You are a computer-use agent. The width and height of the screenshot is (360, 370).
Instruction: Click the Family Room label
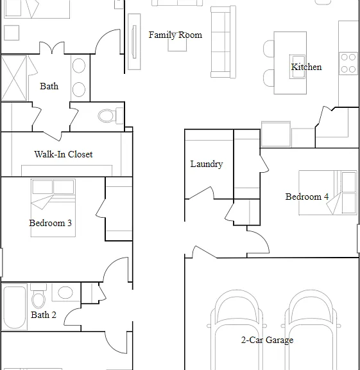[x=175, y=35]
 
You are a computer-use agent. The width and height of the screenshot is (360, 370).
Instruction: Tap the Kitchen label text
[x=306, y=67]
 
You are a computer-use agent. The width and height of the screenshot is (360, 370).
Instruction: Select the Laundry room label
[x=207, y=164]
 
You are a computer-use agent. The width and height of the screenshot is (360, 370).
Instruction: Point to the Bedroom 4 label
[x=307, y=197]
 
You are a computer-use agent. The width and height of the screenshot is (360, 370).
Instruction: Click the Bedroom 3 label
[x=50, y=223]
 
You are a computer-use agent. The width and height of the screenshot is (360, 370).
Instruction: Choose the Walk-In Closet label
[x=64, y=154]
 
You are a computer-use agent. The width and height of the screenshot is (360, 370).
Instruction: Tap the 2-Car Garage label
[x=267, y=340]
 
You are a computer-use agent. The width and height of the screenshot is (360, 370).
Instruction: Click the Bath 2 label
[x=44, y=315]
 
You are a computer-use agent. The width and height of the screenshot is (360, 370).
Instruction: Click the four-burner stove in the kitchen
[x=348, y=64]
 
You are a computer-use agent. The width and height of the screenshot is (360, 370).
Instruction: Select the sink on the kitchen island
[x=297, y=67]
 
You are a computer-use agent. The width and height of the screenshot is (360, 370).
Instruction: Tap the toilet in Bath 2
[x=39, y=296]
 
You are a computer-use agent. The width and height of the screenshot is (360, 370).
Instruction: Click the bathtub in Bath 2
[x=14, y=308]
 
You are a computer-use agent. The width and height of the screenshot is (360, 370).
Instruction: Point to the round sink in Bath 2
[x=65, y=293]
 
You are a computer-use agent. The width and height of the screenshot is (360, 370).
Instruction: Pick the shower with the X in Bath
[x=14, y=78]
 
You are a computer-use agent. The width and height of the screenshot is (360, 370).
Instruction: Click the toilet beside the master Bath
[x=110, y=116]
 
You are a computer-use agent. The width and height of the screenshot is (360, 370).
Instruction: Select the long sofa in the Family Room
[x=223, y=42]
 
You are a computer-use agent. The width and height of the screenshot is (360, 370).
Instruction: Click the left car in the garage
[x=237, y=330]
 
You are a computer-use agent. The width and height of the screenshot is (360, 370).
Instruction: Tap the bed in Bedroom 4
[x=328, y=193]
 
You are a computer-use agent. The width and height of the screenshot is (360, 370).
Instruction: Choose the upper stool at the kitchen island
[x=269, y=49]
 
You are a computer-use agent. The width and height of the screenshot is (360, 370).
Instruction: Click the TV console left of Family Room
[x=134, y=42]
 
